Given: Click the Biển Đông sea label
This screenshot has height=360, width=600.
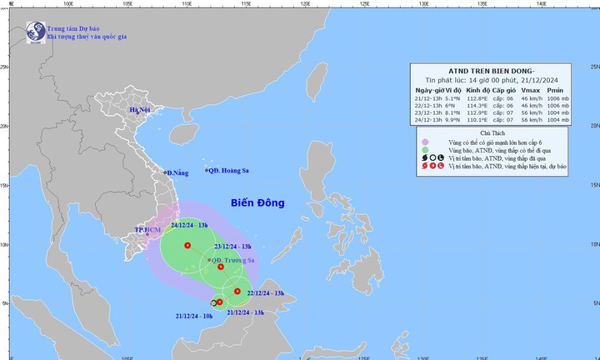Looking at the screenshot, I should pos(257,202).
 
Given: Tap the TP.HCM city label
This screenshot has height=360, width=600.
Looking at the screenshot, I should pos(147,228).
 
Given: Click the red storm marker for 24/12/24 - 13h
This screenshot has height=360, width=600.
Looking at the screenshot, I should pos(187,246).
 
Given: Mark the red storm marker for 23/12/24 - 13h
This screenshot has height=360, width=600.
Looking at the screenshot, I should pos(221,267).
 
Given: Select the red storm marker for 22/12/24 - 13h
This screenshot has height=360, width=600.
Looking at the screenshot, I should pos(237,291).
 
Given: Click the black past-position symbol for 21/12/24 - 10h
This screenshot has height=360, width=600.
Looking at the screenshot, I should pos(213,303).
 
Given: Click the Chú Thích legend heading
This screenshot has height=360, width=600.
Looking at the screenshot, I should pos(492,132).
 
